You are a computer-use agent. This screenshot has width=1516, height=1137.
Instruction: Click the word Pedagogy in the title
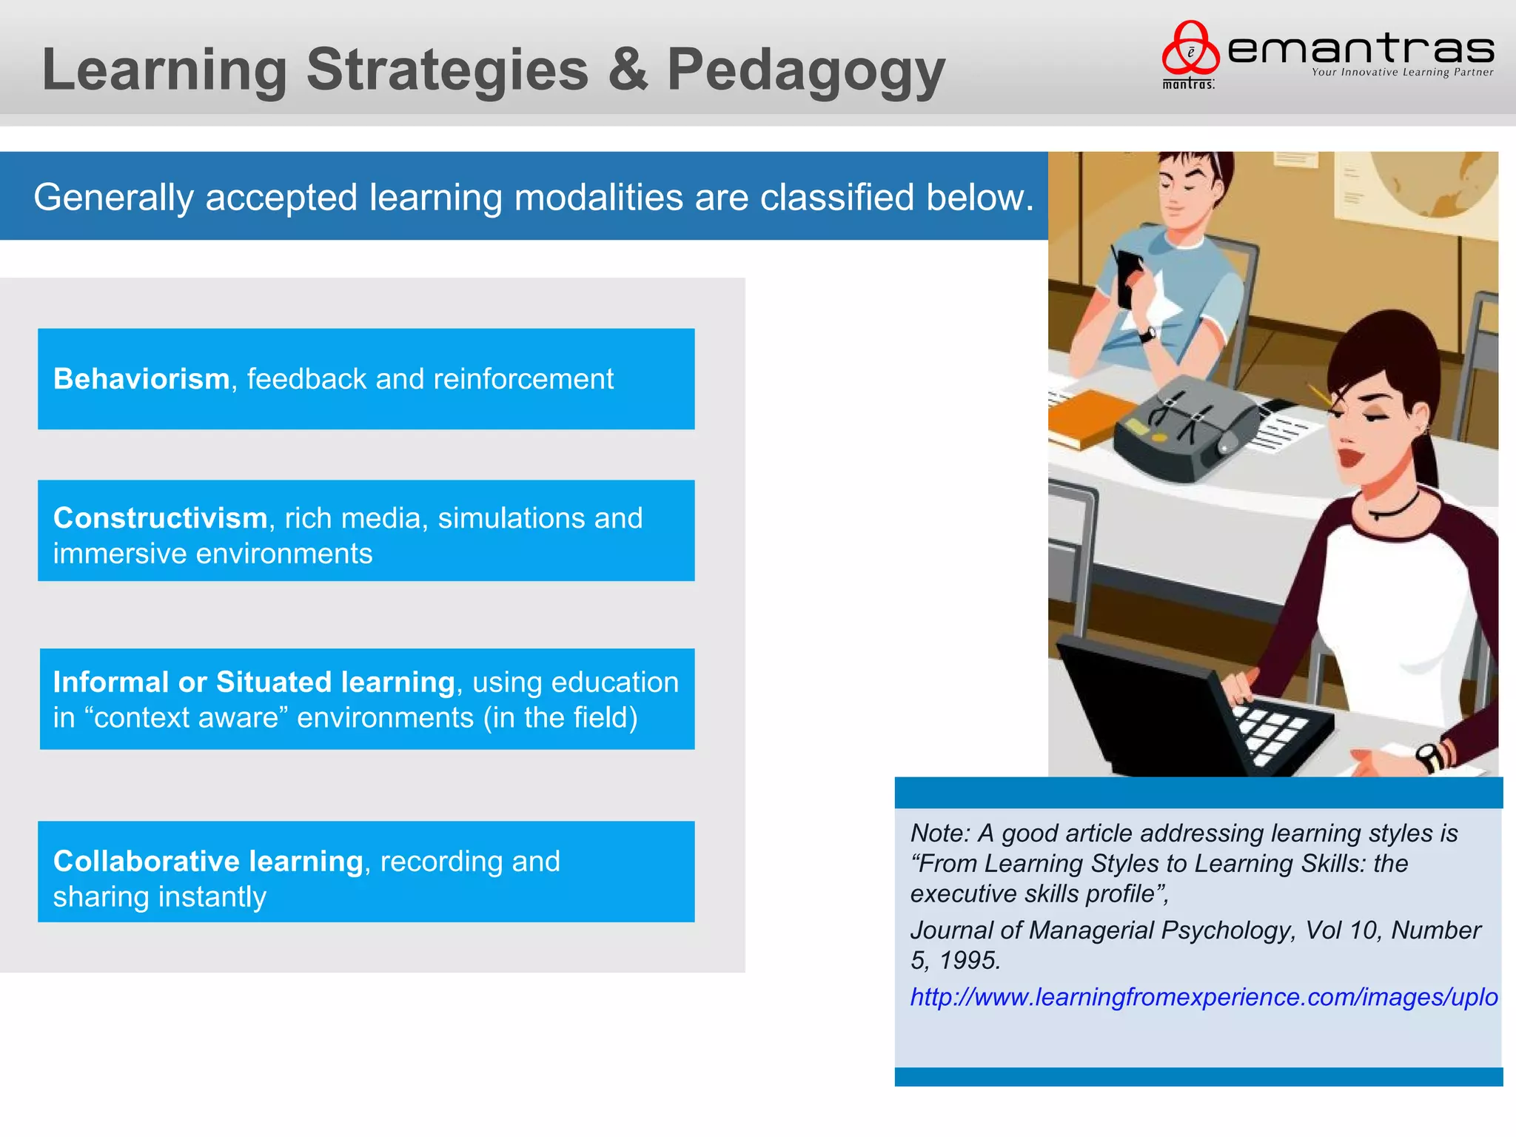pos(805,70)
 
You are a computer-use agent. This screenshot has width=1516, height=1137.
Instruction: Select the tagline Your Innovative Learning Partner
pos(1402,73)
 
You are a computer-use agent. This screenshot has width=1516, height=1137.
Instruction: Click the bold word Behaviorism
pos(141,379)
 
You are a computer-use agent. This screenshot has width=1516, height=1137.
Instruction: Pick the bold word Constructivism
pos(160,518)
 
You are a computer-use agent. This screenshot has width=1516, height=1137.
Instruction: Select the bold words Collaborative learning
pos(208,861)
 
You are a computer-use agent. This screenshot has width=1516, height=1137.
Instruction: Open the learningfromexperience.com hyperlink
pos(1204,997)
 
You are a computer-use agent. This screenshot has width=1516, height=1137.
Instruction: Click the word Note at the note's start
pos(939,834)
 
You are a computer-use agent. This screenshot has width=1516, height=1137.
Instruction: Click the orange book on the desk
pos(1096,418)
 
